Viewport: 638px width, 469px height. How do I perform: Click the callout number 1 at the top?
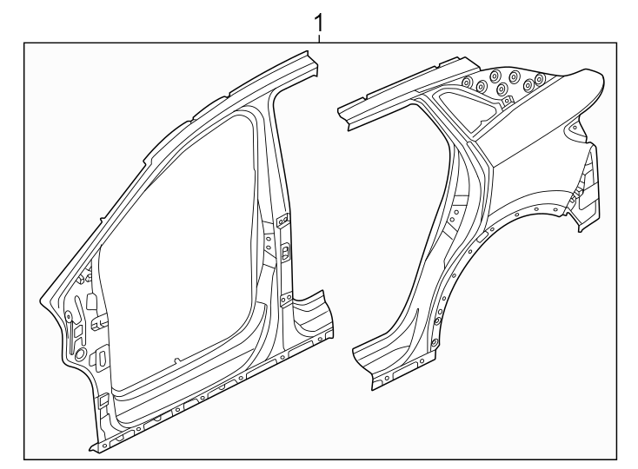pos(320,19)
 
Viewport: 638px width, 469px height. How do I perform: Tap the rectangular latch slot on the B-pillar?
pos(286,253)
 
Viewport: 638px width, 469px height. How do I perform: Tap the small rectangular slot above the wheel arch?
pos(480,235)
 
